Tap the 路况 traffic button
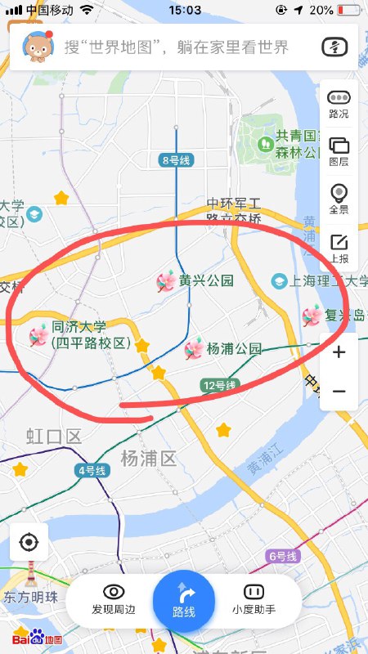[338, 104]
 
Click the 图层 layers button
[338, 151]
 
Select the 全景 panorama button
[338, 199]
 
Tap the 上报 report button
[338, 248]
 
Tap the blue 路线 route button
[184, 600]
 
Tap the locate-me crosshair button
[29, 542]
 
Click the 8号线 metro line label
[176, 160]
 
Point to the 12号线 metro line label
[219, 385]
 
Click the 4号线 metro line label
[91, 470]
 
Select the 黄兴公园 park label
[206, 281]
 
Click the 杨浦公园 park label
[233, 349]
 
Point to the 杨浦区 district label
[148, 458]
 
